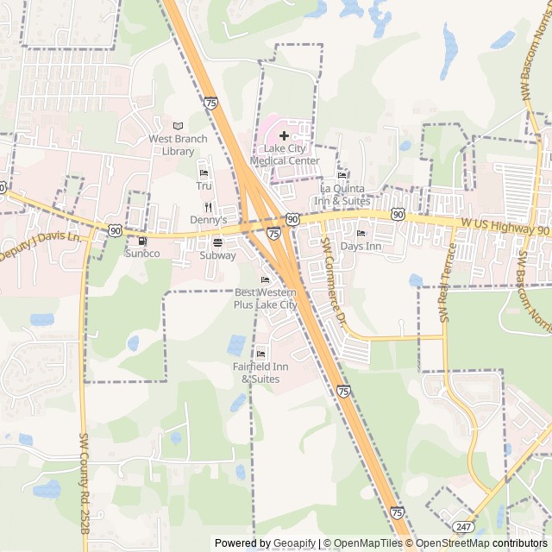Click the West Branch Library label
point(178,145)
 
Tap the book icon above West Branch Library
point(179,126)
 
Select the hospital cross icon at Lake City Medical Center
point(284,135)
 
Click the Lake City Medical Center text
point(285,154)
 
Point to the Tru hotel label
point(204,185)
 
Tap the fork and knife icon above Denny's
point(208,207)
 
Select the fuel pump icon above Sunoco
point(142,241)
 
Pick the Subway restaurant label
point(217,255)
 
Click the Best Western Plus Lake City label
point(266,298)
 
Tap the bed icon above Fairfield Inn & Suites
point(261,354)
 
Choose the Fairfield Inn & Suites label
point(260,373)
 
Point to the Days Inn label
point(361,247)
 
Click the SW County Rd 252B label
point(85,483)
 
